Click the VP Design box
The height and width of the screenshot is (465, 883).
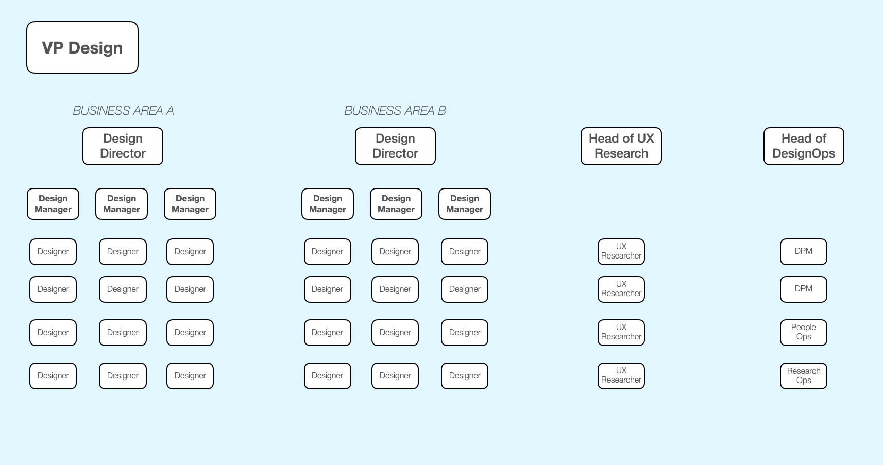[x=82, y=47]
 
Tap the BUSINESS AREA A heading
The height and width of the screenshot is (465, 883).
[x=123, y=111]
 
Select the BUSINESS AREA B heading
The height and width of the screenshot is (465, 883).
[x=395, y=111]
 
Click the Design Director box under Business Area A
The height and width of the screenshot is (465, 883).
[x=123, y=146]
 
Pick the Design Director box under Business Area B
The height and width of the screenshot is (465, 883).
[x=395, y=146]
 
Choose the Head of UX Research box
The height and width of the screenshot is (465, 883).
[x=621, y=146]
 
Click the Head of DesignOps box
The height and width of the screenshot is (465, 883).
[x=804, y=146]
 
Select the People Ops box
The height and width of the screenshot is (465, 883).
[x=804, y=332]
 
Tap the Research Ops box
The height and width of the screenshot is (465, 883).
[x=804, y=376]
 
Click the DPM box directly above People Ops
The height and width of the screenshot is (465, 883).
[x=804, y=289]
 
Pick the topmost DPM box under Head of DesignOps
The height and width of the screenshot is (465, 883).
[x=804, y=251]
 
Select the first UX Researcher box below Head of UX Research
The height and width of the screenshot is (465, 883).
[x=621, y=251]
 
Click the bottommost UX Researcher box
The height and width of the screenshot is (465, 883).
[x=621, y=376]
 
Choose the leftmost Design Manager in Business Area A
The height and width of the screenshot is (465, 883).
[x=53, y=204]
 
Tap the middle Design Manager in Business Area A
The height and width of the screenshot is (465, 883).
[x=122, y=204]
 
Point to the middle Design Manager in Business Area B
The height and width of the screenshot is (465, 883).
[x=396, y=204]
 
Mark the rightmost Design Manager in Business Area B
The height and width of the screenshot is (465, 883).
[x=465, y=204]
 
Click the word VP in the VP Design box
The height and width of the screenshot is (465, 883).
[x=53, y=48]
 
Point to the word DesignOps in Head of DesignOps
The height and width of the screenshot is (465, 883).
[x=804, y=153]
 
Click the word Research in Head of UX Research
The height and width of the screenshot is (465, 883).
[x=621, y=153]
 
